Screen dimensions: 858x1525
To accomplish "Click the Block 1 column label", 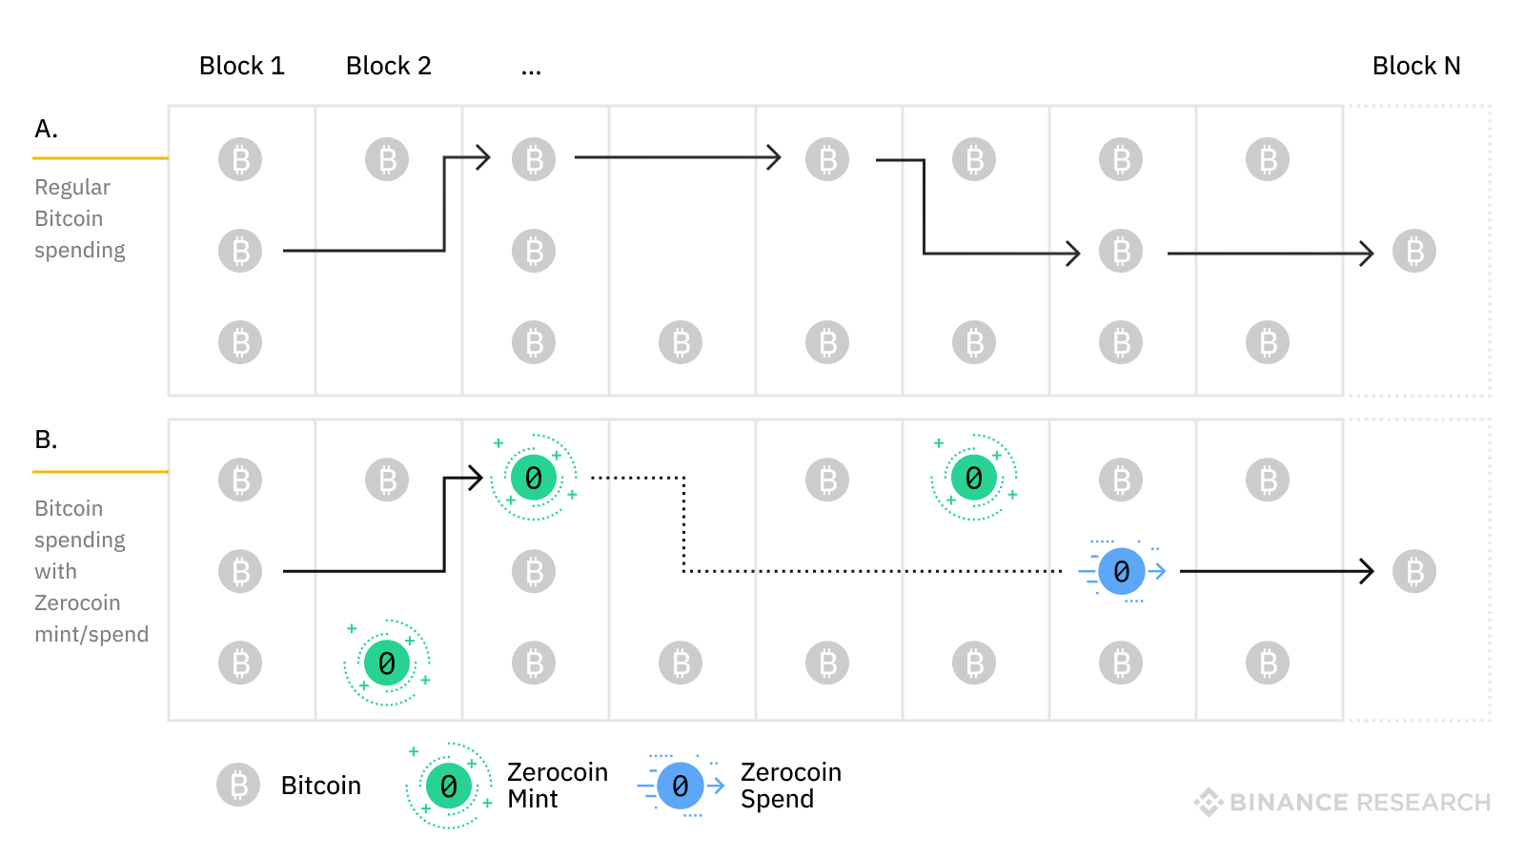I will pos(241,66).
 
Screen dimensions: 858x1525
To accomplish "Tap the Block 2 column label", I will pos(388,66).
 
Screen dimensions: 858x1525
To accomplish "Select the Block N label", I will pos(1415,66).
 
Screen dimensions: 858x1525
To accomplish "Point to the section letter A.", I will pos(46,129).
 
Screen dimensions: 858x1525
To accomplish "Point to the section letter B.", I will pos(46,439).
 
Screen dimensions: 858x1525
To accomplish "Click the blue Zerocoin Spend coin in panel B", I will pos(1121,571).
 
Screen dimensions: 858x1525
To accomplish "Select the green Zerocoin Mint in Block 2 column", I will pos(387,663).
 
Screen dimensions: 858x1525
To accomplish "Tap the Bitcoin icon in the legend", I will pos(238,785).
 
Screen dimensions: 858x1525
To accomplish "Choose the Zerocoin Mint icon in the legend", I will pos(448,786).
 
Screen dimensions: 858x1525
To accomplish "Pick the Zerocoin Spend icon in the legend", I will pos(681,786).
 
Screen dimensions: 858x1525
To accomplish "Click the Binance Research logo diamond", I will pos(1209,802).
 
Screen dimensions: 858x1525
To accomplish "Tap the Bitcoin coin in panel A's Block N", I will pos(1413,252).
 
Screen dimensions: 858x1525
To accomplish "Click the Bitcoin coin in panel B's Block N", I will pos(1413,571).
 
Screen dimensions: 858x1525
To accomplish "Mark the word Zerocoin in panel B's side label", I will pos(77,603).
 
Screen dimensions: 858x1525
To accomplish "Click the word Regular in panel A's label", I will pos(72,187).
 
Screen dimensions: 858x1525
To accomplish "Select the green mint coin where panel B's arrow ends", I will pos(534,478).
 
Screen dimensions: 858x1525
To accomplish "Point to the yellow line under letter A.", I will pos(100,157).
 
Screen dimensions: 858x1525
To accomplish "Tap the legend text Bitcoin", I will pos(321,786).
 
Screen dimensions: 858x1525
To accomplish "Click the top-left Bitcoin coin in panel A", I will pos(240,159).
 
